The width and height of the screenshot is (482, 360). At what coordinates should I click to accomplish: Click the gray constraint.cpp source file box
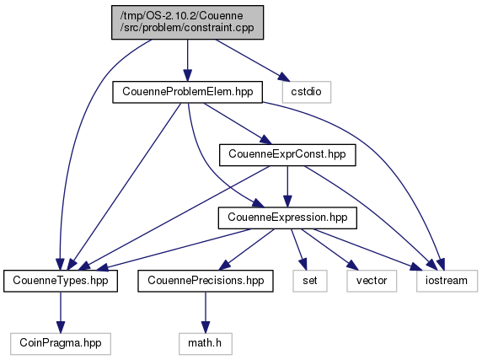(x=187, y=22)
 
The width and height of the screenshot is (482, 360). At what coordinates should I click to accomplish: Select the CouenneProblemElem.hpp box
(x=188, y=92)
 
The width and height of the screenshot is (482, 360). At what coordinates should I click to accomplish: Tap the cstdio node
(x=307, y=92)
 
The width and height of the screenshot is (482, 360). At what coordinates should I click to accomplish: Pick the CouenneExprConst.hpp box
(x=287, y=155)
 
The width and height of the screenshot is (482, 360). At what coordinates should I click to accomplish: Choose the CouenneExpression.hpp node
(x=287, y=218)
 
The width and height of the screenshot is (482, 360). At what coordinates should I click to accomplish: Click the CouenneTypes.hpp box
(x=61, y=281)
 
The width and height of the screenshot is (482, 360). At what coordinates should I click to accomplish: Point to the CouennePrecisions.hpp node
(x=206, y=281)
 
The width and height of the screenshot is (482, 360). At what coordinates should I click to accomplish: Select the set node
(x=310, y=281)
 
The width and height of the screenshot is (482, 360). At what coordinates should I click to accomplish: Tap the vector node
(x=372, y=281)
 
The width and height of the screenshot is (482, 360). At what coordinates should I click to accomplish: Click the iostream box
(x=447, y=281)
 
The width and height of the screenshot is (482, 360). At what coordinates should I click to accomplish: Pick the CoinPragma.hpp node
(x=61, y=344)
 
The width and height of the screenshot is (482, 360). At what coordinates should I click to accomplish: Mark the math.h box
(x=206, y=344)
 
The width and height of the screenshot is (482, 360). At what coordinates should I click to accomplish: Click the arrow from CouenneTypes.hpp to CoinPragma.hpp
(x=61, y=312)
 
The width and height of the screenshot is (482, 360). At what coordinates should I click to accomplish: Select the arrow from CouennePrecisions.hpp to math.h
(x=206, y=312)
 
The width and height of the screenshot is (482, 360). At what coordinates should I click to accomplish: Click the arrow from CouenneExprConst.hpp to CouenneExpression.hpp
(x=287, y=186)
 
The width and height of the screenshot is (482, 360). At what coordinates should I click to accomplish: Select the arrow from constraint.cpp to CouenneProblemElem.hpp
(x=188, y=60)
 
